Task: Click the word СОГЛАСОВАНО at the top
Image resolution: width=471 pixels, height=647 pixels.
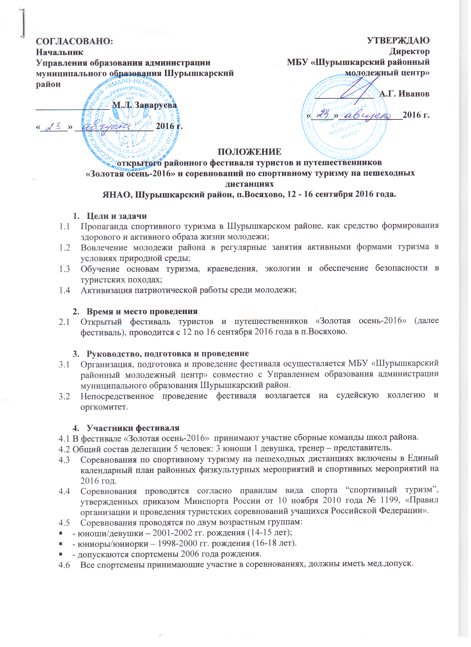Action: tap(74, 41)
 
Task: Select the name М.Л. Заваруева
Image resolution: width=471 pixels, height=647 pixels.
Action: tap(144, 105)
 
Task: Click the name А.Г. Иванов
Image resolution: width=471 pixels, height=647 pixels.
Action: tap(404, 94)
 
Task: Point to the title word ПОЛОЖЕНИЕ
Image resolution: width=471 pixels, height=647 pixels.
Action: tap(250, 152)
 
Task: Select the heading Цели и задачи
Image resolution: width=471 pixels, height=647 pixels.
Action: tap(117, 216)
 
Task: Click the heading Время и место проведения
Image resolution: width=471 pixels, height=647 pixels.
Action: tap(142, 311)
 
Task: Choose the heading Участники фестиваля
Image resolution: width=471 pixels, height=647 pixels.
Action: tap(133, 428)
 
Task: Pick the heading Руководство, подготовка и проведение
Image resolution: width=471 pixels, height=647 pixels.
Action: tap(168, 354)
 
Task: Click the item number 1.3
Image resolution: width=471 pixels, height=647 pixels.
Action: tap(65, 269)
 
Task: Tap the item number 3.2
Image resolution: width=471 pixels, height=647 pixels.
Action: tap(65, 396)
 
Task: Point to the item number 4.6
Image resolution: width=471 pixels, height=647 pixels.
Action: tap(65, 564)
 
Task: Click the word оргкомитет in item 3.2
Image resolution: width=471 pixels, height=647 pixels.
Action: tap(104, 407)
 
